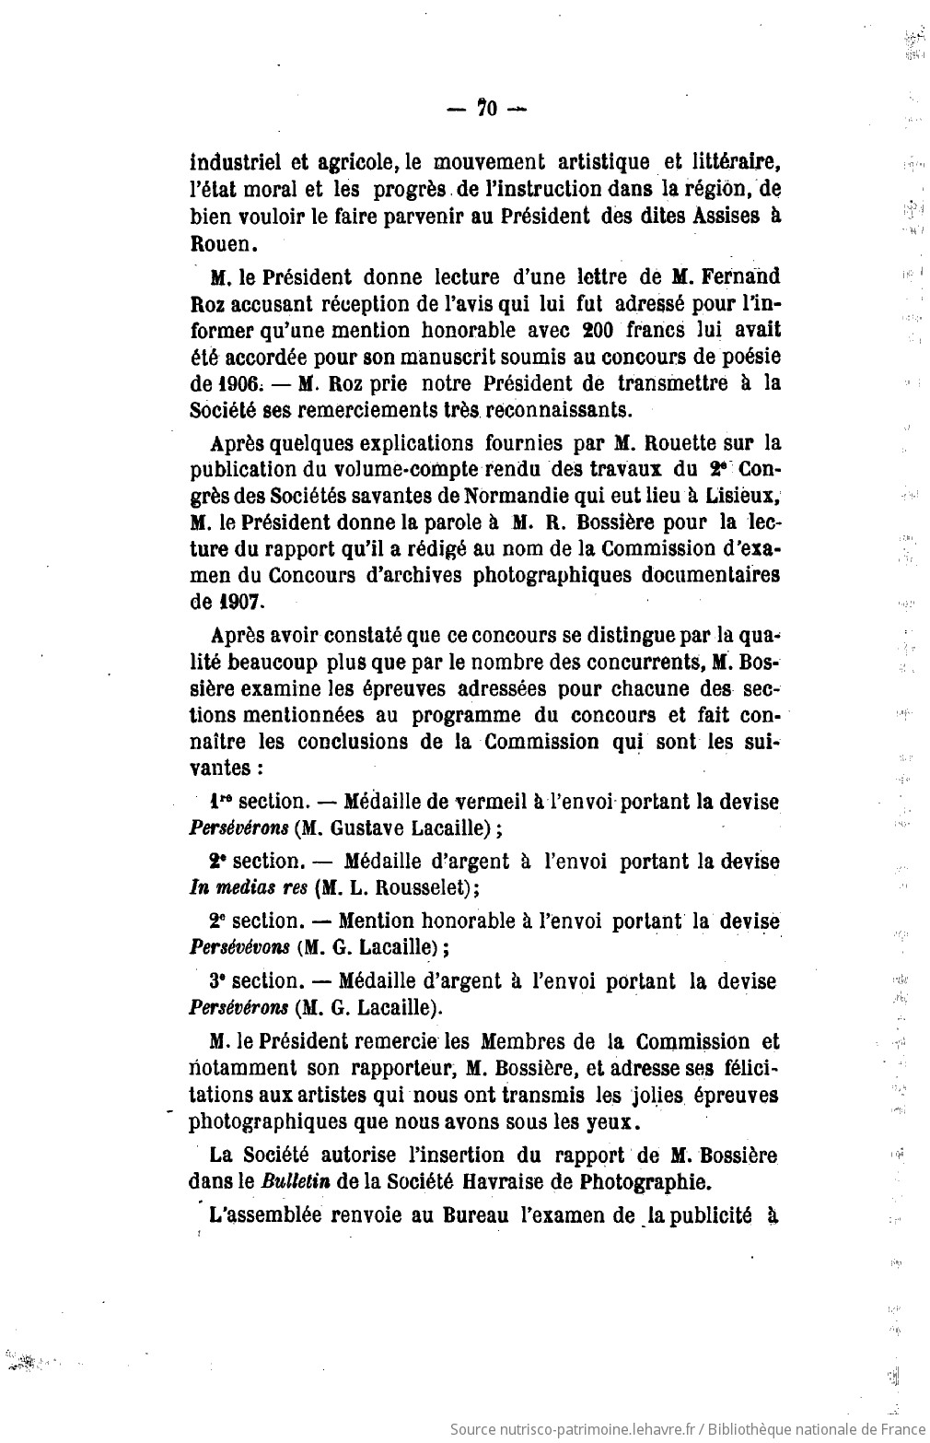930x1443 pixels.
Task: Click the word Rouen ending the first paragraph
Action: [218, 244]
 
